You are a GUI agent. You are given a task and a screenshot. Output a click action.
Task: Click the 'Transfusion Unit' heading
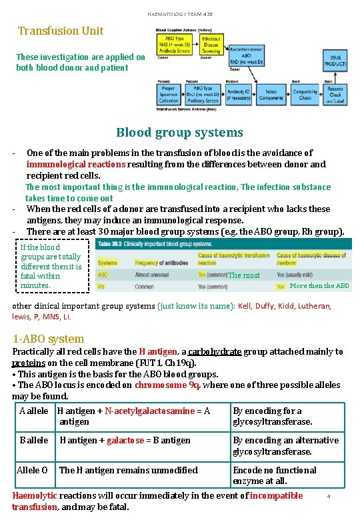click(60, 31)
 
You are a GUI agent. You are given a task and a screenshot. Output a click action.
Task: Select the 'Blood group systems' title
click(179, 133)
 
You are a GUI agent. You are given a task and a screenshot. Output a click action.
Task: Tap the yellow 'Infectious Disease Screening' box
click(211, 45)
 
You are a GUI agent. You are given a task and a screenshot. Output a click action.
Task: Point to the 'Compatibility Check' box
click(305, 94)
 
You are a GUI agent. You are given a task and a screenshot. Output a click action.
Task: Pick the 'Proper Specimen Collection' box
click(169, 94)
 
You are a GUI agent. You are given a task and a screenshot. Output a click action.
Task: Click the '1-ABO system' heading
click(49, 339)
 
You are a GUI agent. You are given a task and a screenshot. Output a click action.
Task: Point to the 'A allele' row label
click(33, 411)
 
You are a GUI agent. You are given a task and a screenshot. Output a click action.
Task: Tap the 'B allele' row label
click(33, 440)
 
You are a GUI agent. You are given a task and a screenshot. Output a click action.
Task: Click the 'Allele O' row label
click(32, 470)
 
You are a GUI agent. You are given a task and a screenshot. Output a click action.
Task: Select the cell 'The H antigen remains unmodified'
click(129, 470)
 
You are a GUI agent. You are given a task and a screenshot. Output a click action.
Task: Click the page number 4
click(329, 496)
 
